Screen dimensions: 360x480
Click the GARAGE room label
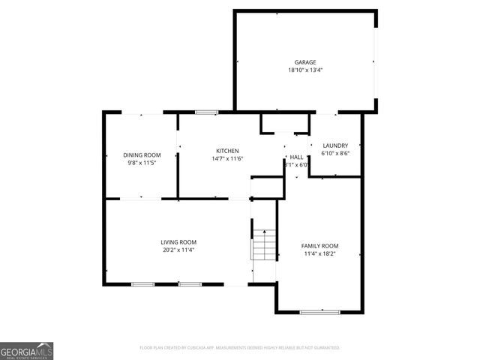(x=304, y=62)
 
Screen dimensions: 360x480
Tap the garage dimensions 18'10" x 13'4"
(x=304, y=70)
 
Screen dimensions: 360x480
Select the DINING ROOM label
(x=142, y=155)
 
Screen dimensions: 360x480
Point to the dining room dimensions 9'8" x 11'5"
(x=142, y=163)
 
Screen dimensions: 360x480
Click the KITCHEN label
(x=227, y=150)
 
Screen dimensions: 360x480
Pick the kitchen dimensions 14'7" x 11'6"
(x=227, y=158)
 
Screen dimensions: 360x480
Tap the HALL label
(x=297, y=157)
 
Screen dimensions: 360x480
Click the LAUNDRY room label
(x=335, y=145)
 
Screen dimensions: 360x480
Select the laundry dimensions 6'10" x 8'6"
(x=335, y=154)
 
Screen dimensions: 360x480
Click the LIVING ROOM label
(x=178, y=241)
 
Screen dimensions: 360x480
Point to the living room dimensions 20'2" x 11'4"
(x=178, y=250)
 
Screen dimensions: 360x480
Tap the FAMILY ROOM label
(x=319, y=246)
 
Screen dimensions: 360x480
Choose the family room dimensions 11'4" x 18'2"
(x=319, y=254)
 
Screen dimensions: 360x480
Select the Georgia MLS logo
(x=26, y=351)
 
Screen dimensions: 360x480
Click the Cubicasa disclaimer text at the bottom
(x=240, y=348)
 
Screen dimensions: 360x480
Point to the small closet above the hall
(x=284, y=123)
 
